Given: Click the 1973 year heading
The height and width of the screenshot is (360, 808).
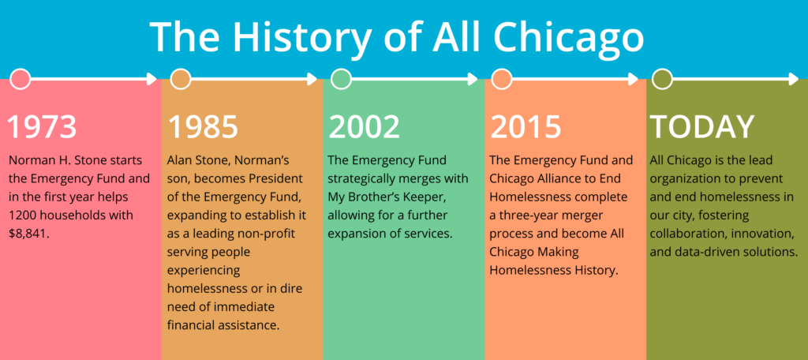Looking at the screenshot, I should click(x=43, y=126).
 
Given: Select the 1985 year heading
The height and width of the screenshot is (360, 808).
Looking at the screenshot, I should click(x=203, y=126).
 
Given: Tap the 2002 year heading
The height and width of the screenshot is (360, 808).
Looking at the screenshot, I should click(x=365, y=126).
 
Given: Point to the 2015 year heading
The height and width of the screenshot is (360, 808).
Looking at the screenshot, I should click(x=526, y=126).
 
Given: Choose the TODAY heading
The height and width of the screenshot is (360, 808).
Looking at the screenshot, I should click(x=702, y=126).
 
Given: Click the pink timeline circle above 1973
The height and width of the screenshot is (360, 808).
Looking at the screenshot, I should click(x=21, y=79).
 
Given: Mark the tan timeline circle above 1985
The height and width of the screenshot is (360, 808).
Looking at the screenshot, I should click(x=181, y=79).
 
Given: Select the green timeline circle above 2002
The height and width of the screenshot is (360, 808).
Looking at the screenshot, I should click(x=341, y=79).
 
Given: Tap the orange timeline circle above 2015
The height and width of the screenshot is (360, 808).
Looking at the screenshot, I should click(x=501, y=79).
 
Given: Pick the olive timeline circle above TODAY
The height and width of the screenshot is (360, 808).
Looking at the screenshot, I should click(x=662, y=79).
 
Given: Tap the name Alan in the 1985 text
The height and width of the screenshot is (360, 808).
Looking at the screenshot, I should click(x=181, y=160).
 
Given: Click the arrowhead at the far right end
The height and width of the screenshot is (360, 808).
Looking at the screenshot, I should click(x=794, y=79).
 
